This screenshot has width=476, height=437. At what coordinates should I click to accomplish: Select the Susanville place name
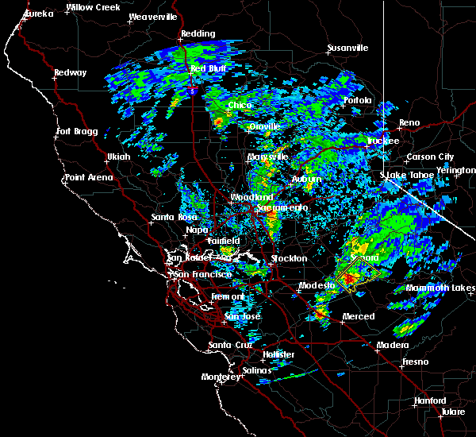[x=347, y=48]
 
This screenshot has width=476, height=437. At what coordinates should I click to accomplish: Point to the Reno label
[x=409, y=122]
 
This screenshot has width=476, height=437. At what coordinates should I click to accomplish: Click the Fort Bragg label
[x=75, y=131]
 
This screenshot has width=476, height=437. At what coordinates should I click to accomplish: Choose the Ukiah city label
[x=118, y=157]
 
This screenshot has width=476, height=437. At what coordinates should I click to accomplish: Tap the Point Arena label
[x=89, y=177]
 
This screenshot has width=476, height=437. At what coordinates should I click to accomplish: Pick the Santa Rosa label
[x=174, y=216]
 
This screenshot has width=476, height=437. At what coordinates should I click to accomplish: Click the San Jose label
[x=241, y=316]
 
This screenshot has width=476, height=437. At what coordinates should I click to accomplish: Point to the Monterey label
[x=220, y=377]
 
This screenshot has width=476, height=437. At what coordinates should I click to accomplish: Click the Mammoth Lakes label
[x=440, y=288]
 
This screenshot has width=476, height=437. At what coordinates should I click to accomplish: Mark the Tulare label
[x=455, y=412]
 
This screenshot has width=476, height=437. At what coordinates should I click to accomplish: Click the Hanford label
[x=429, y=400]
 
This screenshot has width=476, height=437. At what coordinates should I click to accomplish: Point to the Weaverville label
[x=152, y=16]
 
